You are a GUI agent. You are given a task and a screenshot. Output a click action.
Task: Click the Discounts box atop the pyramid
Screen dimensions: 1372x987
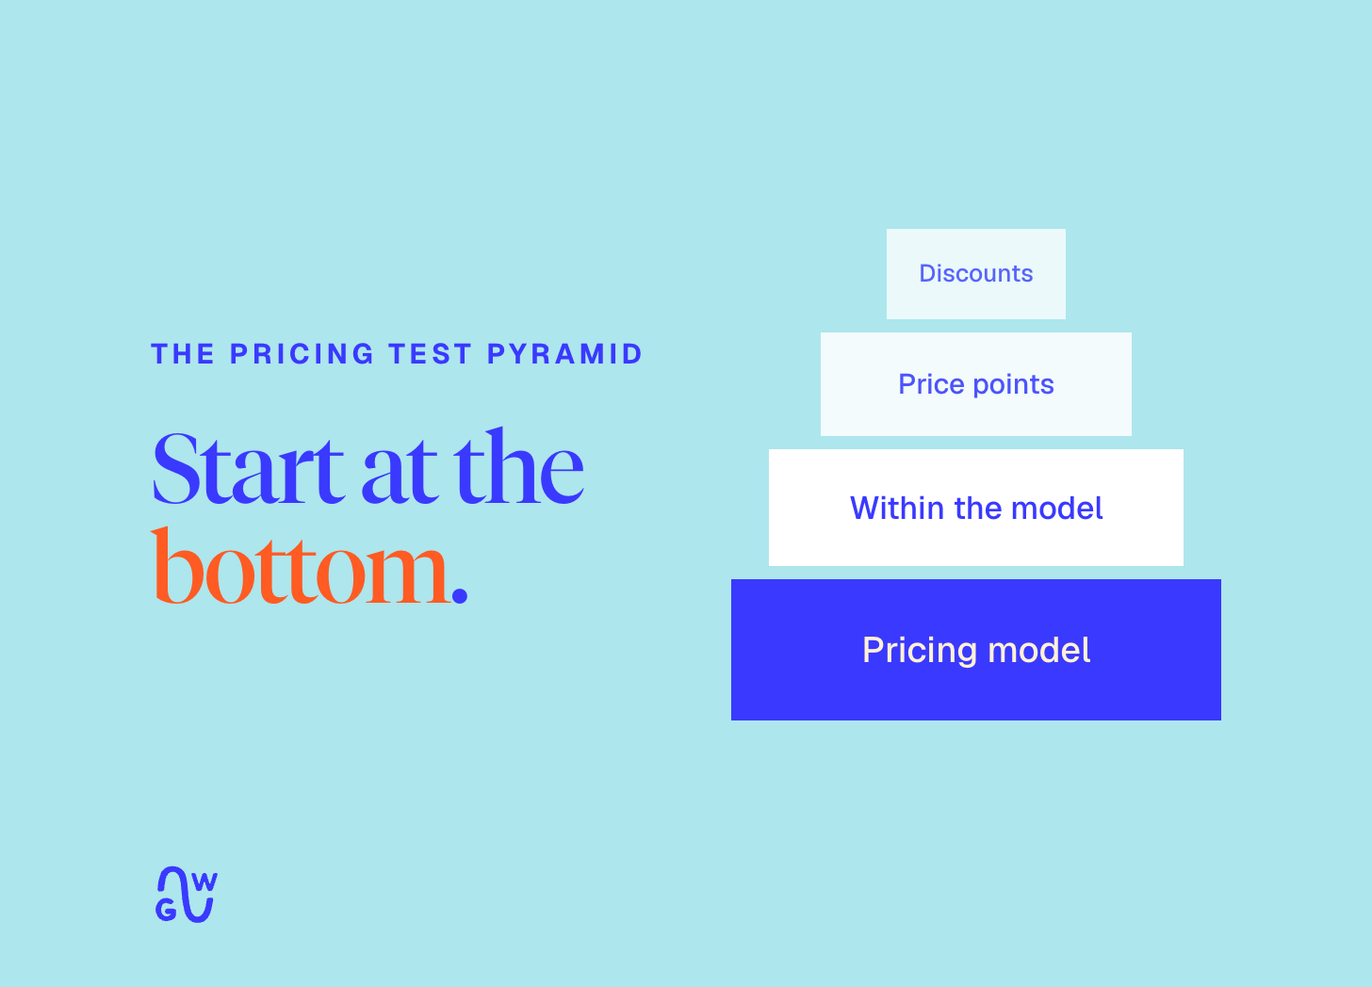975,274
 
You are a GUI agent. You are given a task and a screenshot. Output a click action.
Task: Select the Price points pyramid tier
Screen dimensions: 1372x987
975,384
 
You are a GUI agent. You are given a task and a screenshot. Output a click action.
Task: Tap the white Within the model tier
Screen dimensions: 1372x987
975,508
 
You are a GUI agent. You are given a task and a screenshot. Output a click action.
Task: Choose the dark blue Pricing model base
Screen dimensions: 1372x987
975,650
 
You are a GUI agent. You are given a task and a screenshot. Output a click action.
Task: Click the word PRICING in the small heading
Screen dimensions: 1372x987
302,354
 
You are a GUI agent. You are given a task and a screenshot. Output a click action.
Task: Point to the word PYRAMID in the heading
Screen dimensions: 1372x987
564,354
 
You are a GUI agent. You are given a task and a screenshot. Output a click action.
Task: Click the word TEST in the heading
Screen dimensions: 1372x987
430,354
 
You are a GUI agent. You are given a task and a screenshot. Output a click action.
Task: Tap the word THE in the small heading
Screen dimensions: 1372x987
183,354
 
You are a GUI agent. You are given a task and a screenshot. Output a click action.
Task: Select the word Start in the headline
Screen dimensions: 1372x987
248,469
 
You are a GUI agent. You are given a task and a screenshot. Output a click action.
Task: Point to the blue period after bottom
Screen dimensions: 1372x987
460,594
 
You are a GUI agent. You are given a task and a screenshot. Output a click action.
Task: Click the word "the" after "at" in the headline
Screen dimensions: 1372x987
518,466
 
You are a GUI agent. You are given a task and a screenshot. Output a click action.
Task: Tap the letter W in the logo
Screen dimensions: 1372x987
204,882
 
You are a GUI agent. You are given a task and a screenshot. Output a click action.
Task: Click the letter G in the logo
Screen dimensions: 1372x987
166,910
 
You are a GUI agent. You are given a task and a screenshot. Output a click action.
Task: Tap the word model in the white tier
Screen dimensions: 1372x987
1057,508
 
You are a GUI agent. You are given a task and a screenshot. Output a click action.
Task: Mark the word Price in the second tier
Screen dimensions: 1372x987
932,384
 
